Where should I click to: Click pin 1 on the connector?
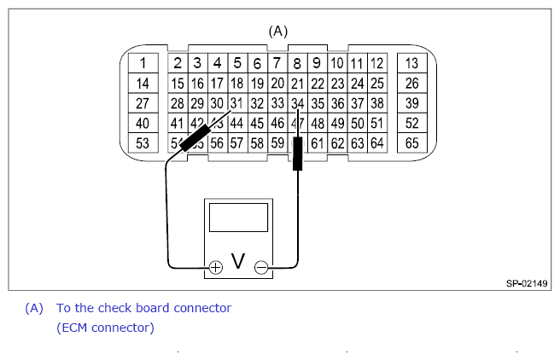click(143, 63)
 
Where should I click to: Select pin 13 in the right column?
click(412, 63)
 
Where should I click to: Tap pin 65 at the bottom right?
click(412, 143)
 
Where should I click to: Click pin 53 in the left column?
click(143, 143)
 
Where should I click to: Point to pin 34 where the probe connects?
click(297, 103)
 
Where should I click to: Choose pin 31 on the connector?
click(236, 103)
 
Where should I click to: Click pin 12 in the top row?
click(376, 63)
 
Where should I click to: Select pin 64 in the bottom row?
click(376, 143)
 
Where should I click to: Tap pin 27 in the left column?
click(143, 103)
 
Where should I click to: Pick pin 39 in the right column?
click(412, 103)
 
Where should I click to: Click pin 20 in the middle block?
click(277, 84)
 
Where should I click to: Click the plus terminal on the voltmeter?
click(215, 267)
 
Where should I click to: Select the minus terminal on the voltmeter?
click(261, 267)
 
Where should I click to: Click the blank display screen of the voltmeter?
click(238, 218)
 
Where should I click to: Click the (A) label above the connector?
click(278, 31)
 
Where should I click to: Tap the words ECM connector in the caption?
click(106, 327)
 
